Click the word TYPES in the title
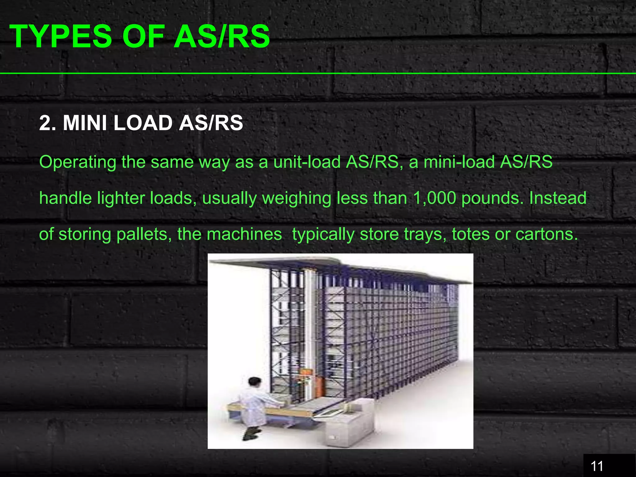pyautogui.click(x=61, y=37)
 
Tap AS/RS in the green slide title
pyautogui.click(x=222, y=37)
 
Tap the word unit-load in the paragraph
pyautogui.click(x=307, y=162)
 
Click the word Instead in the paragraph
pyautogui.click(x=558, y=198)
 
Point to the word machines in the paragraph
pyautogui.click(x=244, y=234)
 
